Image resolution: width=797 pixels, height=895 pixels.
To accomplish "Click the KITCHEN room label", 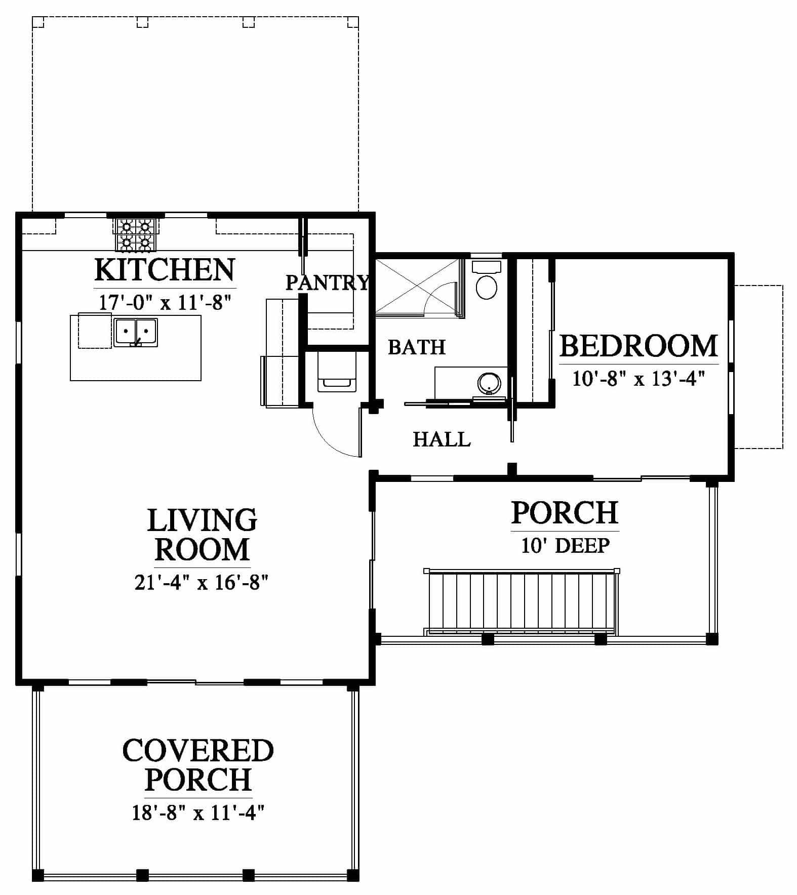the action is pos(165,270).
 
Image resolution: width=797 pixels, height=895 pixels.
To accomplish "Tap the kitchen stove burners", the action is pos(135,234).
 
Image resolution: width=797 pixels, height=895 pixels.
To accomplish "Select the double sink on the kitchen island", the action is pos(135,333).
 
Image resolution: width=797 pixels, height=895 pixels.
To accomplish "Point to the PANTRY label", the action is pos(327,282).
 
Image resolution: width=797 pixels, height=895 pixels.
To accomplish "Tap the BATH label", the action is pos(417,347).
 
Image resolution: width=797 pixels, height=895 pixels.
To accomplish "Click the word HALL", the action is pos(442,439).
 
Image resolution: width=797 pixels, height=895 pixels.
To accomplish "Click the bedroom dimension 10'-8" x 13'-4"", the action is pos(639,378).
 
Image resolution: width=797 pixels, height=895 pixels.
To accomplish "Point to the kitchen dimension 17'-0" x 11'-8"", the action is pos(165,302).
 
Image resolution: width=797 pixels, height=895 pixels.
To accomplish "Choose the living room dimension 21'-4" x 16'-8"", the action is pos(201,582).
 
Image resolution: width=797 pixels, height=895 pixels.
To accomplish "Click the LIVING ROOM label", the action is pos(202,535).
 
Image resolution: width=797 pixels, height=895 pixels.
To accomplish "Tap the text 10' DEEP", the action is pos(565,545).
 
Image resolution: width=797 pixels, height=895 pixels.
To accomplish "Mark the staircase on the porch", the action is pos(522,602).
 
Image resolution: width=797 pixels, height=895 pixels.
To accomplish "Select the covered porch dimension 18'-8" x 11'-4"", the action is pos(198,812).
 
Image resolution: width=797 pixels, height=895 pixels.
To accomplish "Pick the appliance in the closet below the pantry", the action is pos(337,373).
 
